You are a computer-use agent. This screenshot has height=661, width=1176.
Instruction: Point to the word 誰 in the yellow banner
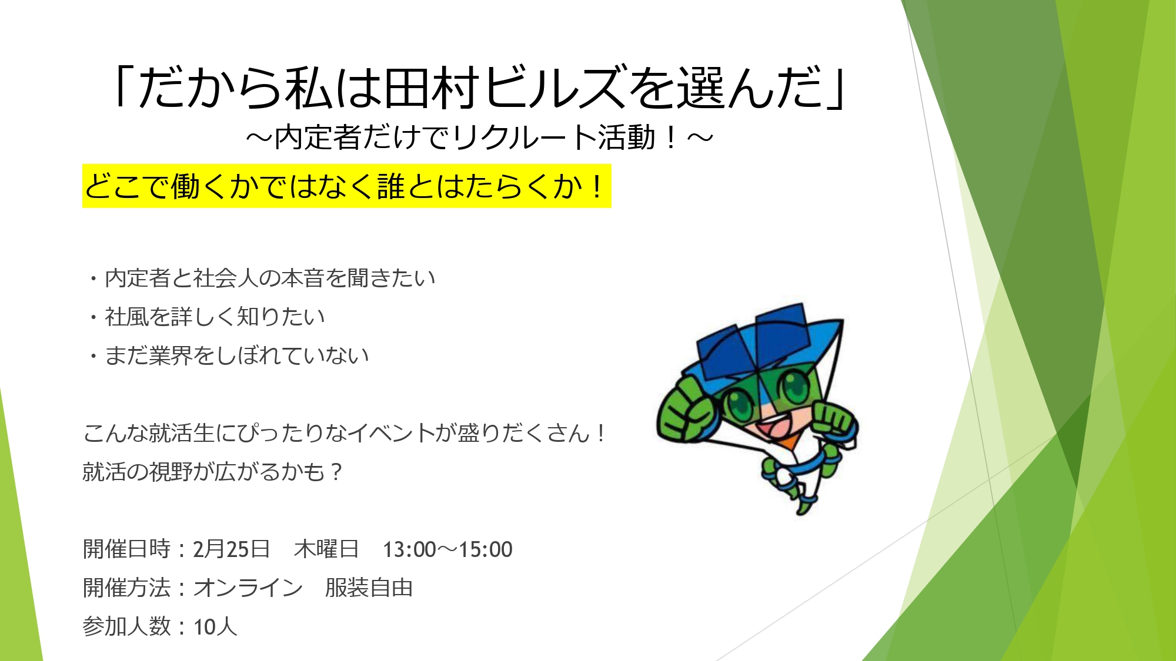(x=390, y=187)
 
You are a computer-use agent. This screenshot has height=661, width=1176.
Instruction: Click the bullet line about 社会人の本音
(x=262, y=278)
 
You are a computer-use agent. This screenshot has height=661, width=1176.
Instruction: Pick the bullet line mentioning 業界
(x=229, y=355)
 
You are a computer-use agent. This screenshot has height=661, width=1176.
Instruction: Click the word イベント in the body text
(x=390, y=433)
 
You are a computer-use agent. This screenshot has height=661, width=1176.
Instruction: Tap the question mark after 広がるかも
(x=336, y=472)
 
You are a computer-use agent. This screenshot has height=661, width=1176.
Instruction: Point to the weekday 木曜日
(x=326, y=549)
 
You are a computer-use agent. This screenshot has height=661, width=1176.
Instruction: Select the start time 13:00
(x=409, y=550)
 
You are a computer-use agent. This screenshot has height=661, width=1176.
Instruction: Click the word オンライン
(x=248, y=588)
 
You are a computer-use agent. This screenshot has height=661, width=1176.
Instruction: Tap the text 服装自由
(x=369, y=588)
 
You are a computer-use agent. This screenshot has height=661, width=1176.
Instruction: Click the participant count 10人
(x=215, y=627)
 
